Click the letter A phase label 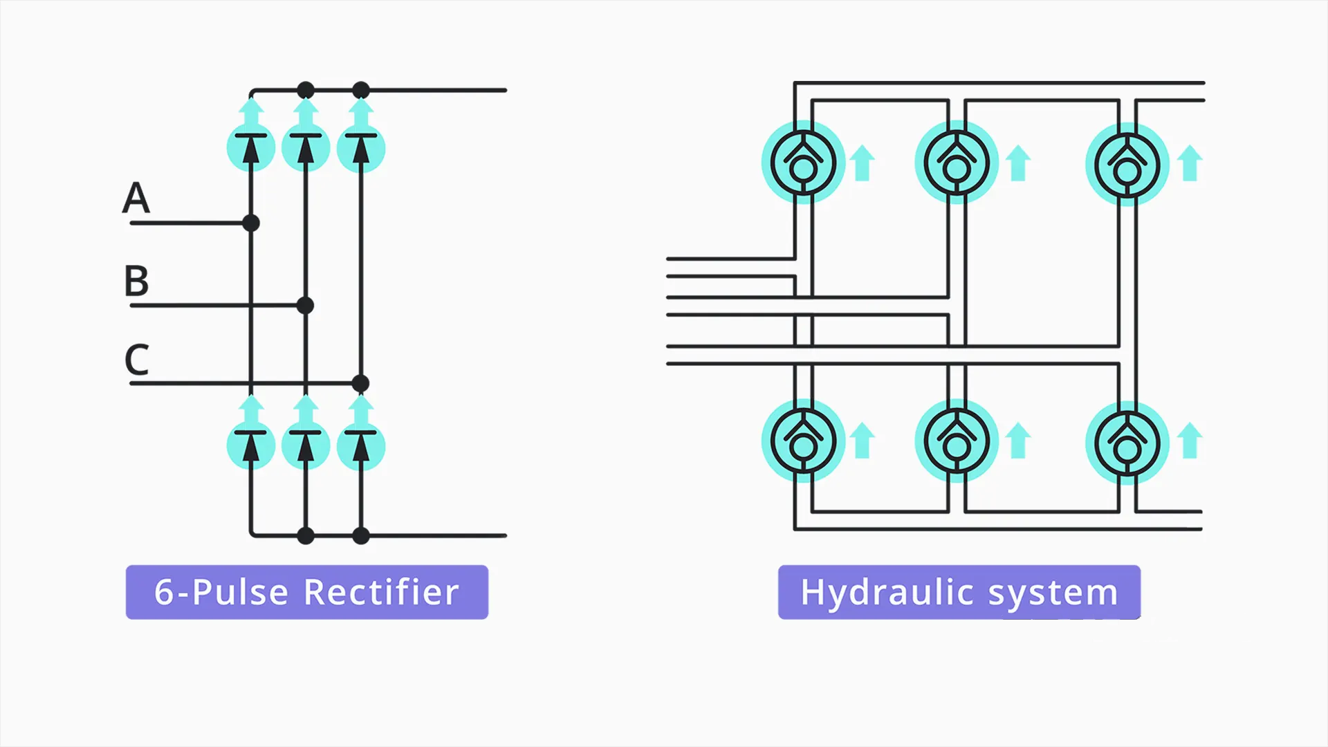(x=136, y=198)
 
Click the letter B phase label (x=136, y=281)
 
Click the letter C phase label (x=137, y=360)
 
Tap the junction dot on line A (x=251, y=223)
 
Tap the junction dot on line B (x=305, y=305)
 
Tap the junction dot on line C (x=360, y=383)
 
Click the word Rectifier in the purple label (x=381, y=592)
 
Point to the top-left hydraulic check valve (x=803, y=163)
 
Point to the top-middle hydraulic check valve (x=957, y=163)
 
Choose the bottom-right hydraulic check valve (x=1127, y=443)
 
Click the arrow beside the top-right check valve (x=1190, y=163)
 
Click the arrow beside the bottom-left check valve (x=862, y=441)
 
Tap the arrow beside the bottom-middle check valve (x=1018, y=441)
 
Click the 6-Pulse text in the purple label (x=221, y=592)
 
